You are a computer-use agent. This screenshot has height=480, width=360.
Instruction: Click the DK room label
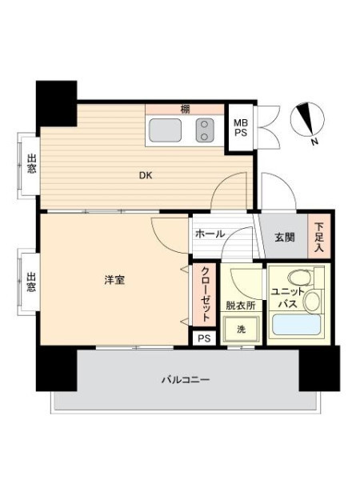(x=146, y=176)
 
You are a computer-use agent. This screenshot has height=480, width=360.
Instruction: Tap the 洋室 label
(x=114, y=280)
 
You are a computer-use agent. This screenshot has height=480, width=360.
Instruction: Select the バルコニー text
(x=186, y=380)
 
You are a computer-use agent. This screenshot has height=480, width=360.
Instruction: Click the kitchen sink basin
(x=166, y=130)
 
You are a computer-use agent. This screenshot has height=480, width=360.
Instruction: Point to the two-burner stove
(x=205, y=130)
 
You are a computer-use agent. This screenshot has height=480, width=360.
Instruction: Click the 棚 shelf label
(x=185, y=109)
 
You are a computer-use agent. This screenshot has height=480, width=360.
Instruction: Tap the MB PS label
(x=241, y=128)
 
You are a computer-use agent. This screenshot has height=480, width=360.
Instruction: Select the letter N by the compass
(x=314, y=142)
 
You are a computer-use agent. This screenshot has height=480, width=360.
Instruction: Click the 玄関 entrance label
(x=284, y=238)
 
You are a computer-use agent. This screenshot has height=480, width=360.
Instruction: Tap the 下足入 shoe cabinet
(x=319, y=236)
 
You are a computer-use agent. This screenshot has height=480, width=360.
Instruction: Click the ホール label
(x=210, y=234)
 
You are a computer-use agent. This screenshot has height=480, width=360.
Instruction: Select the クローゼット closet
(x=205, y=294)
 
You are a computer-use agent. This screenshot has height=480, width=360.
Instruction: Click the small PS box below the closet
(x=204, y=338)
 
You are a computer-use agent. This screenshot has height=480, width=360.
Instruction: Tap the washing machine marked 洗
(x=242, y=330)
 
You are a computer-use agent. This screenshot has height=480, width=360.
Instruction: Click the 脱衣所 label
(x=241, y=306)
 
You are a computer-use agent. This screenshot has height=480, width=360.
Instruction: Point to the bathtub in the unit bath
(x=296, y=325)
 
